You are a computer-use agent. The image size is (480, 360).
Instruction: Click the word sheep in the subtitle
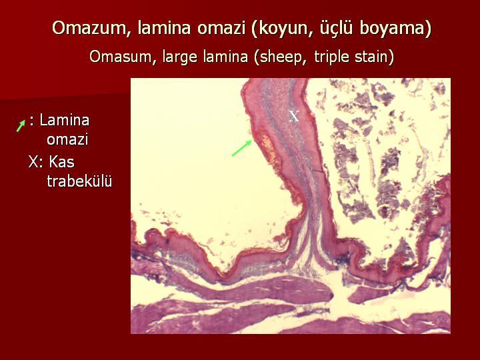tap(281, 57)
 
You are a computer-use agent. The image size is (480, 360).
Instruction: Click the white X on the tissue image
tap(294, 116)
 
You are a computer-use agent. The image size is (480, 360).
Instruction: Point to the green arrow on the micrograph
tap(242, 148)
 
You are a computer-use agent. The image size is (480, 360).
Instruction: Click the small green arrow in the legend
tap(21, 126)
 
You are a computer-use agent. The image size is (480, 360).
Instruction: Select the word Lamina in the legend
tap(64, 120)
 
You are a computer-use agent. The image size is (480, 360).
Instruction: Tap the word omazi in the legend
tap(67, 140)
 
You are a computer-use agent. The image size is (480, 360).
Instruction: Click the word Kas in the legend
tap(61, 161)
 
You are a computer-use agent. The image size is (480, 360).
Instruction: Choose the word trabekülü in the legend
tap(79, 181)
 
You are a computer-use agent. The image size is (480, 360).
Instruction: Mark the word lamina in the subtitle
tap(225, 57)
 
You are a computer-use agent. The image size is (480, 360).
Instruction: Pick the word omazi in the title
tap(221, 28)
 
